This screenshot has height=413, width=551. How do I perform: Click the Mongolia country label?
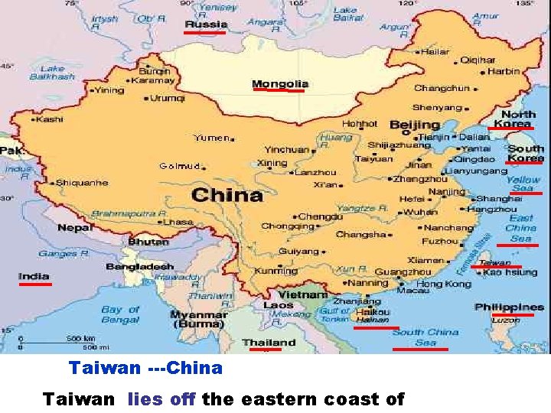click(280, 83)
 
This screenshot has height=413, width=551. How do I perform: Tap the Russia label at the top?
click(206, 24)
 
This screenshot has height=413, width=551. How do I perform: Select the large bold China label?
click(227, 195)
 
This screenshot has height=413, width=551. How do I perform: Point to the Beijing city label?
click(415, 125)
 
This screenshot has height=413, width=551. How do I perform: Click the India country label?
click(34, 276)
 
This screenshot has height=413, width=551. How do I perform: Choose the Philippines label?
click(509, 307)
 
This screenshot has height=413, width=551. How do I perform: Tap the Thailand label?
click(269, 342)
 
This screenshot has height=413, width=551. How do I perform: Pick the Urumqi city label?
click(167, 98)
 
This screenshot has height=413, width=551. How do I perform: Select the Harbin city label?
click(504, 71)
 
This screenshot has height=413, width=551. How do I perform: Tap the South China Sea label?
click(425, 337)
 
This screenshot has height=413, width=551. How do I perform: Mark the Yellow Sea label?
click(523, 184)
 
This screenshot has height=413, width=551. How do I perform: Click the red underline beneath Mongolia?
click(279, 90)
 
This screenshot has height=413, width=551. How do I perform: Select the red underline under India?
click(35, 284)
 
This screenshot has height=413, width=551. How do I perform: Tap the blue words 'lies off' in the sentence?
click(161, 398)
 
